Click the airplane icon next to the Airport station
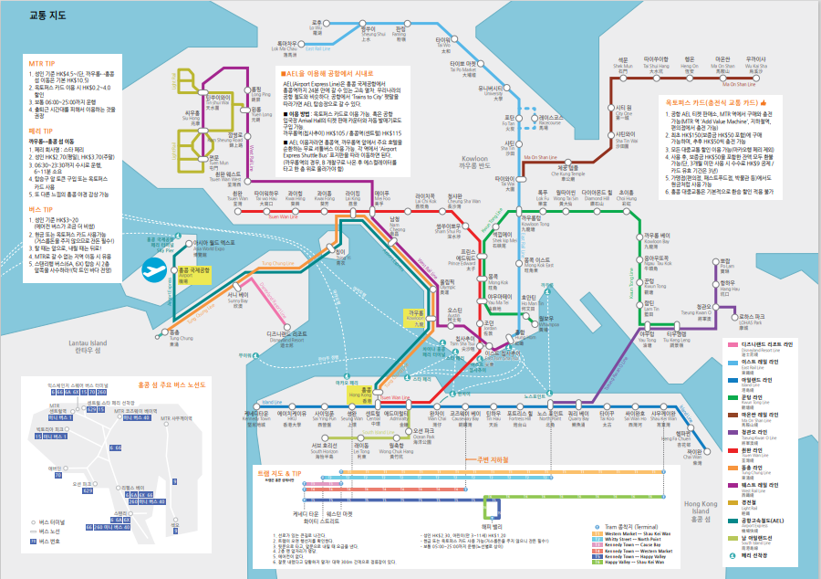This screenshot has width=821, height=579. coord(154,270)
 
